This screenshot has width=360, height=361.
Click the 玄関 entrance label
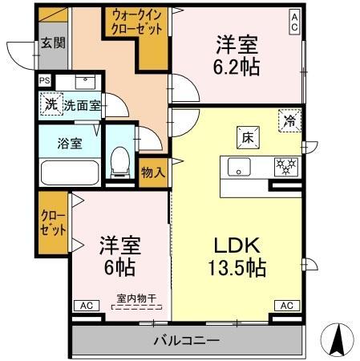pos(53,43)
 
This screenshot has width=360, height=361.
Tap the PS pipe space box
pos(45,80)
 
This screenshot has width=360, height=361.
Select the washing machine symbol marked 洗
pos(51,104)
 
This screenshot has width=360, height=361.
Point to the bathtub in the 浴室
pos(70,172)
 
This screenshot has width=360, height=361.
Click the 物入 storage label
pos(153,172)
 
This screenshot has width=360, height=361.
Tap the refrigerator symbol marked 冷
pos(289,120)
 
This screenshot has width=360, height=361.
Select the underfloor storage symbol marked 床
pos(248,138)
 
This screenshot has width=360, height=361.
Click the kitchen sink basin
pos(239,167)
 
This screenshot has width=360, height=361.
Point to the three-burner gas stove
pos(286,167)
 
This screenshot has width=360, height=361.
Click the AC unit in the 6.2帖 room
pos(294,22)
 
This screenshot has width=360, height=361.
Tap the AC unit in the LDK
pos(287,306)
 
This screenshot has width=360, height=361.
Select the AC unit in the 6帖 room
pos(87,306)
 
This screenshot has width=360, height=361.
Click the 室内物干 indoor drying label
pos(136,298)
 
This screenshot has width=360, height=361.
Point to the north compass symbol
pos(338,339)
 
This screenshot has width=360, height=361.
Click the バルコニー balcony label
pos(187,340)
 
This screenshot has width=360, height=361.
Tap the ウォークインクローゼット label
pos(137,22)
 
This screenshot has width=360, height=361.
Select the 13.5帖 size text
pos(237,268)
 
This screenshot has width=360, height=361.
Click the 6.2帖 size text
pos(237,67)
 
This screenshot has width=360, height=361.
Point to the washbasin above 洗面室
pos(85,82)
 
